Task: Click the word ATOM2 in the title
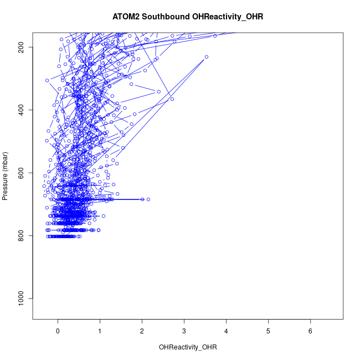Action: pyautogui.click(x=126, y=17)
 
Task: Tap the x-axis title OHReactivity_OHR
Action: pyautogui.click(x=188, y=347)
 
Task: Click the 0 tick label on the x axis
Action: pyautogui.click(x=58, y=331)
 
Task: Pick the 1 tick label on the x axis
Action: pyautogui.click(x=100, y=331)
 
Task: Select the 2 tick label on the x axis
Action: pyautogui.click(x=142, y=331)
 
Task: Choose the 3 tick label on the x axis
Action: pyautogui.click(x=184, y=331)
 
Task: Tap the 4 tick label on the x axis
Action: pyautogui.click(x=227, y=331)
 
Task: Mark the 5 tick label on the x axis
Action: pyautogui.click(x=269, y=331)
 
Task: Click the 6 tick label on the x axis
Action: pyautogui.click(x=311, y=331)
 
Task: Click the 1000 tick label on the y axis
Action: pyautogui.click(x=23, y=299)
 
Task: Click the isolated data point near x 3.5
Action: pyautogui.click(x=206, y=56)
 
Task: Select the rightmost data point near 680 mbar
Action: pyautogui.click(x=148, y=199)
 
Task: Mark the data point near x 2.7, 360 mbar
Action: pyautogui.click(x=172, y=99)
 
